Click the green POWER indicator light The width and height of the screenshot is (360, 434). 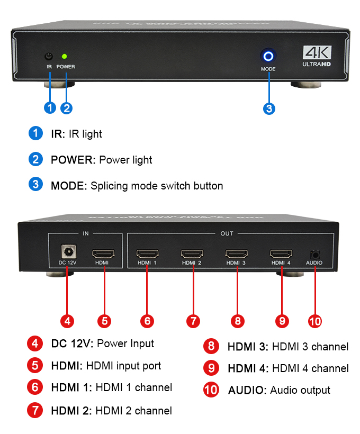coord(64,56)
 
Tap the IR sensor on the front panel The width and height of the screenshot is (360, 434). coord(49,56)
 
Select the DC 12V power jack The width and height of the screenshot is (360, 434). coord(67,250)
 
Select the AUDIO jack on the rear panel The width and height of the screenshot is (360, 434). coord(315,254)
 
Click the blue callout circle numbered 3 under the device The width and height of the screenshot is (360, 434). coord(269,108)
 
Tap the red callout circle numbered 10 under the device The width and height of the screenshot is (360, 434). coord(314,321)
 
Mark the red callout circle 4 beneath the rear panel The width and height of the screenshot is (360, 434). coord(67,321)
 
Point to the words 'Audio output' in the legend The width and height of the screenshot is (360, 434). coord(300,390)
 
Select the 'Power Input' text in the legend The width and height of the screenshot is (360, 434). coord(125,343)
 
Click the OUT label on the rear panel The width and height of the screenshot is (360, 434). coord(227,233)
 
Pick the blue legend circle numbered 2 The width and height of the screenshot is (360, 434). coord(35,159)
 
